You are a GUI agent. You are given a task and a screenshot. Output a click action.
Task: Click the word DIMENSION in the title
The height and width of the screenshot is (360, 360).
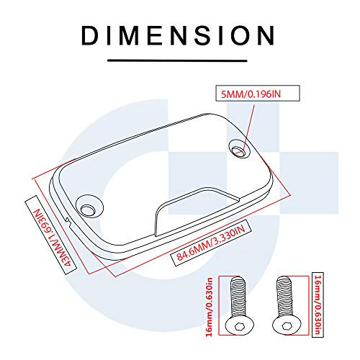pyautogui.click(x=179, y=35)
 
